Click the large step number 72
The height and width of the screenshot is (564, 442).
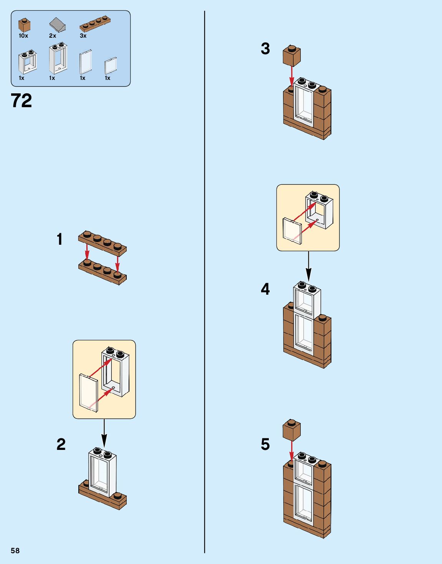22,101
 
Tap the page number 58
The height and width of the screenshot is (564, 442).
15,551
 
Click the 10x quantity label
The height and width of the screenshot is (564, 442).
23,36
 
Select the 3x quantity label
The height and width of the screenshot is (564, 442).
83,36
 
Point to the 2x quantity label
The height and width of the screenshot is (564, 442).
53,36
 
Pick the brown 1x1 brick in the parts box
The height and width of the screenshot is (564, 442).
24,25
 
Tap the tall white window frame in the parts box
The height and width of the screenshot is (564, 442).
58,58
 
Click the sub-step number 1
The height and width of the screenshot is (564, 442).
60,239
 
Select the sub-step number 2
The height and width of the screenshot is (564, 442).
61,445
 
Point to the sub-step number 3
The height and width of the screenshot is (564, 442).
265,49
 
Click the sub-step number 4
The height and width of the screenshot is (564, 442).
265,289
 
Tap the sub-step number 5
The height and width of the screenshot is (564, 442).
265,445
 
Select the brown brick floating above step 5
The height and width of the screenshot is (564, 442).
291,430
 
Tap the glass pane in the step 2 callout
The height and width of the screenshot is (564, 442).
88,393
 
